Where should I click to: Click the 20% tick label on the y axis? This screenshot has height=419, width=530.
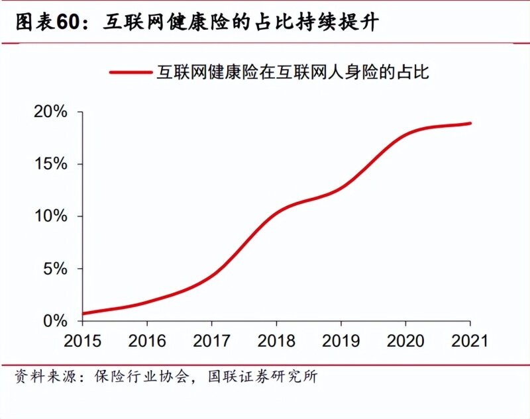[50, 112]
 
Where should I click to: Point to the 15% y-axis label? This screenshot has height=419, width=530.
[50, 164]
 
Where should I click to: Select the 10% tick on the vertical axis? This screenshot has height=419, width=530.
[50, 216]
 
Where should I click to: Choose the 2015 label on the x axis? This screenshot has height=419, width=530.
[82, 342]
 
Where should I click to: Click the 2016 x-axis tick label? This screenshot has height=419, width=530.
[147, 342]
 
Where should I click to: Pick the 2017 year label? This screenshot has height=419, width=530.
[211, 342]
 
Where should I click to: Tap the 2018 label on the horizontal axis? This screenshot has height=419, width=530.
[276, 342]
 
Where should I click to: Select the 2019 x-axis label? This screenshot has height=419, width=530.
[341, 342]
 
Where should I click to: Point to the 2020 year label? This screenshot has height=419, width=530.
[405, 342]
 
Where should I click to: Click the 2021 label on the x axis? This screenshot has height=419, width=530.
[470, 342]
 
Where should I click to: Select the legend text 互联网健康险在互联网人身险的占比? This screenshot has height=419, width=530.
[292, 72]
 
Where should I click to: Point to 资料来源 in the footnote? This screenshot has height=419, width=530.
[40, 377]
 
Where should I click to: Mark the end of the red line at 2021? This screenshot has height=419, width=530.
[470, 123]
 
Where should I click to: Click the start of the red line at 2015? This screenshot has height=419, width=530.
[83, 313]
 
